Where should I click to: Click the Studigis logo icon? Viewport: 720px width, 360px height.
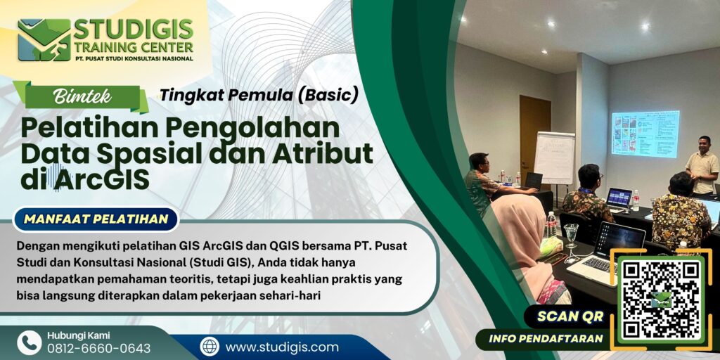tap(44, 39)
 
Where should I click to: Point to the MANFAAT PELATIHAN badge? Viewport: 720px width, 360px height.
tap(96, 219)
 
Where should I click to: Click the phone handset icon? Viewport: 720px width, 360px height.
tap(30, 342)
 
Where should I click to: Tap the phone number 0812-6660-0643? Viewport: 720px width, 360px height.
tap(98, 349)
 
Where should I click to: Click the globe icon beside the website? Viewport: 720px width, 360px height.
tap(210, 347)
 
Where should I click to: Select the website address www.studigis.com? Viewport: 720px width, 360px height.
tap(282, 347)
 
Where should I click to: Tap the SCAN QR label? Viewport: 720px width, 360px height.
tap(570, 316)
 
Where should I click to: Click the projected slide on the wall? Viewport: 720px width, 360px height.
tap(645, 134)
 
